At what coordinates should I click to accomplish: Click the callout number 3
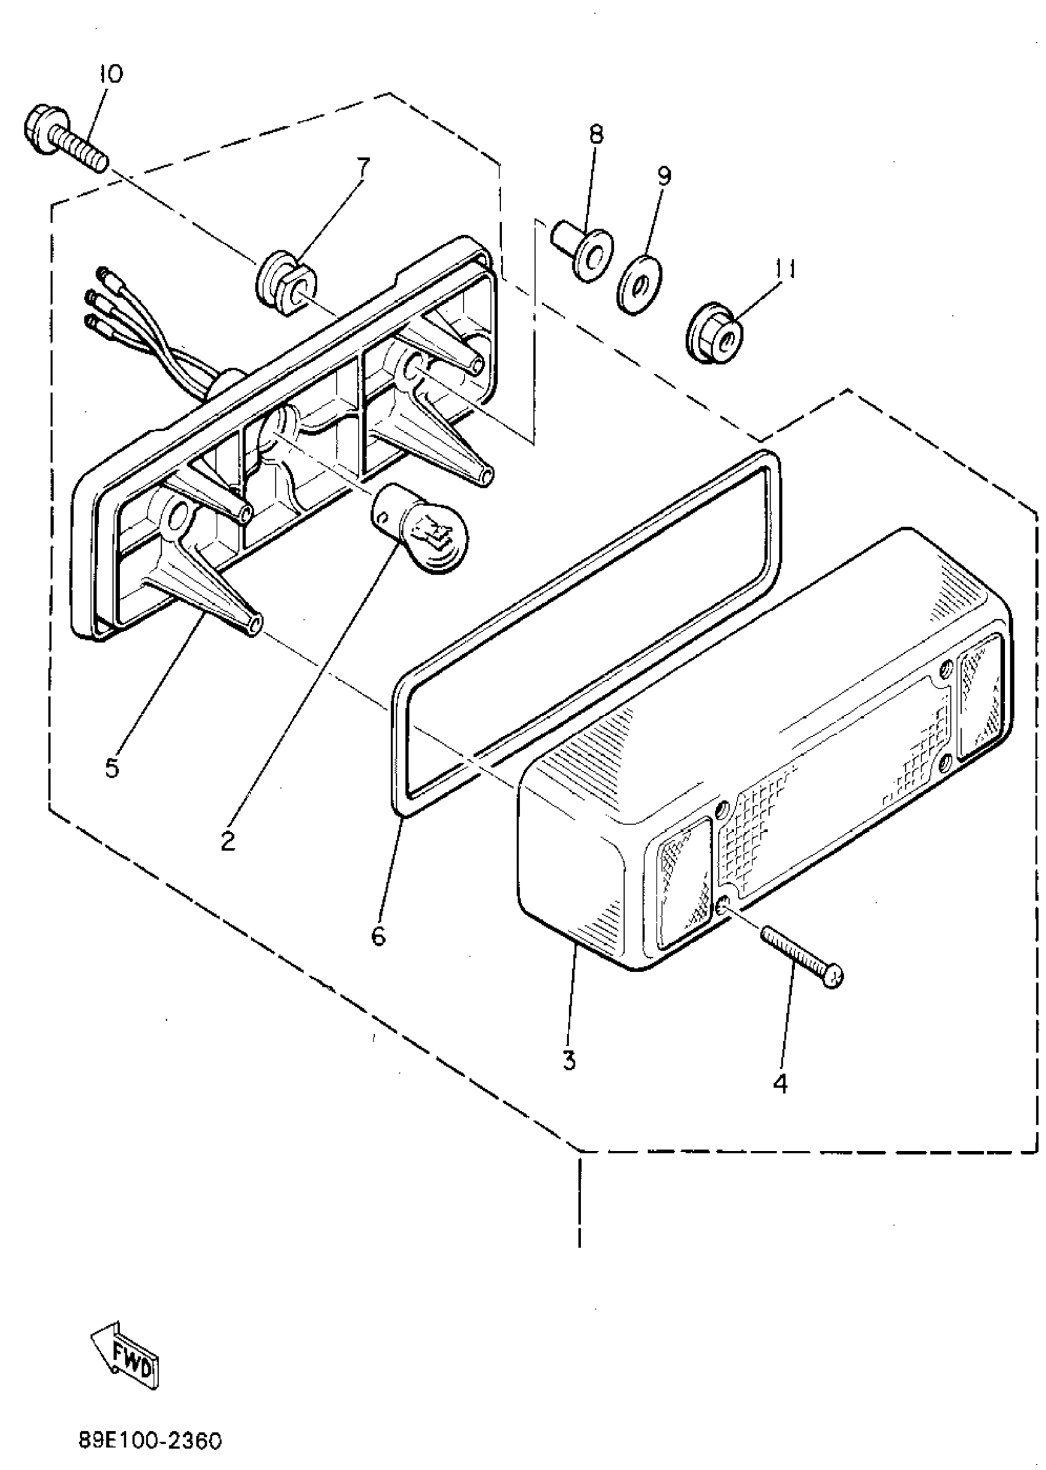click(x=569, y=1060)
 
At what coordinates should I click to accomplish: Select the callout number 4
click(x=780, y=1085)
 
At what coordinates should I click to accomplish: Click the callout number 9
click(x=663, y=175)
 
